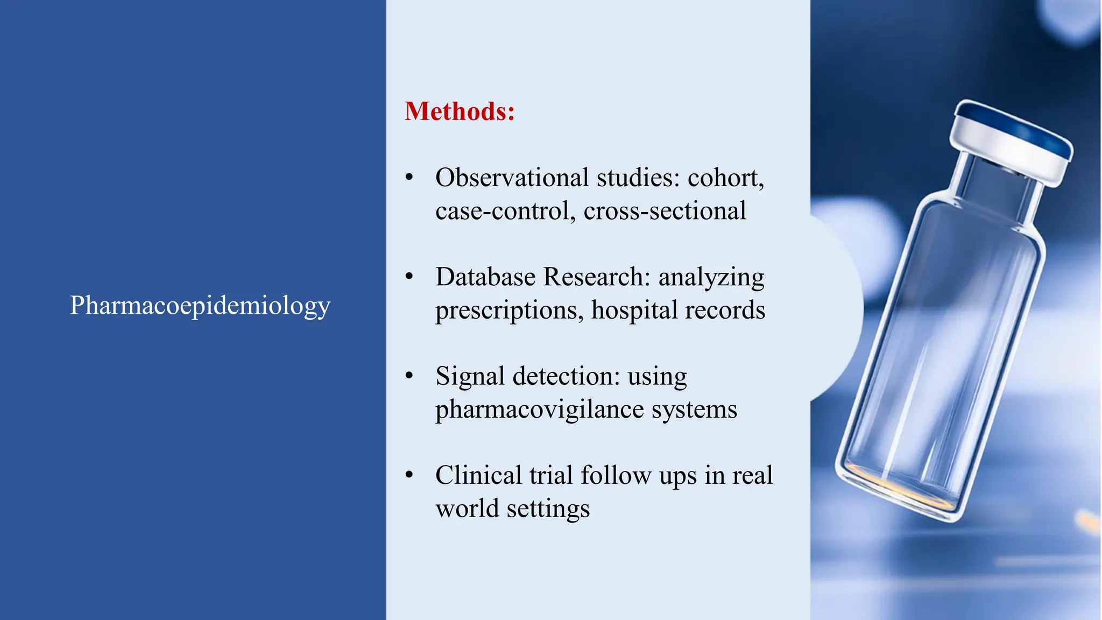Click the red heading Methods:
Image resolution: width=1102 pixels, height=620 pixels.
point(460,111)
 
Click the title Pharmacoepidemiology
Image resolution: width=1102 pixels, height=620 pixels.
point(200,306)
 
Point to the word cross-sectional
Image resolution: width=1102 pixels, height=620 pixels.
point(665,211)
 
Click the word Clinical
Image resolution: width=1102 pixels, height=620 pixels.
point(478,476)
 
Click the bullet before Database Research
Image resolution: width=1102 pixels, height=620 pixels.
point(409,277)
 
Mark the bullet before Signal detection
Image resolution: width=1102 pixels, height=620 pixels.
point(409,376)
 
